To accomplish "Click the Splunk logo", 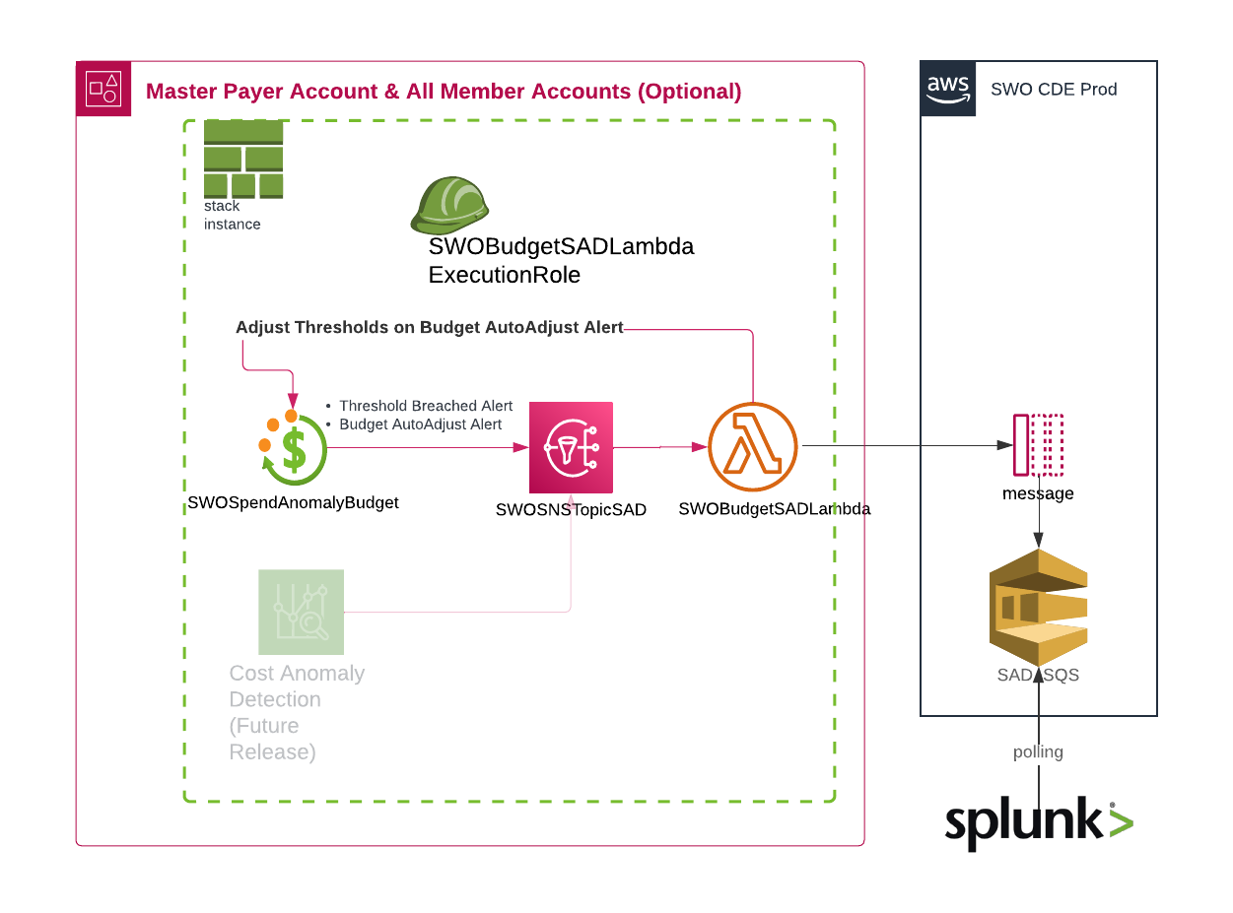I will [x=1038, y=822].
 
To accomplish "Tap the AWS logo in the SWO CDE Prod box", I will [x=948, y=89].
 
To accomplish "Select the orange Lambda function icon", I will [x=752, y=447].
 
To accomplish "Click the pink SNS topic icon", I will [x=571, y=447].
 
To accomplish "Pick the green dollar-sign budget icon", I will [x=293, y=448].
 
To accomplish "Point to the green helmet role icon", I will [x=449, y=204].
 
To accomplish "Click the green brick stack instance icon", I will [x=243, y=159].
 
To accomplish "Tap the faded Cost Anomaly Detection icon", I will [x=301, y=612].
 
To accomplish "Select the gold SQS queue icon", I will [x=1038, y=607].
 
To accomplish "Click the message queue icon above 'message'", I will [x=1038, y=445].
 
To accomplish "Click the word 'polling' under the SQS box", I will [x=1038, y=752].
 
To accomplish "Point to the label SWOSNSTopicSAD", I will [x=571, y=510].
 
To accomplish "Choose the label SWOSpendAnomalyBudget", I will [x=293, y=503].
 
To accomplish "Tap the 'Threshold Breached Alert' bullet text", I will [x=426, y=406].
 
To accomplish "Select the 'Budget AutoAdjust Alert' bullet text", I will [x=421, y=424].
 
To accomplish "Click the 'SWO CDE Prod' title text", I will [x=1054, y=90].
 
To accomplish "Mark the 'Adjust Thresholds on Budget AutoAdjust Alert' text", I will [x=429, y=327].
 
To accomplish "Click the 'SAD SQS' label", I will [x=1038, y=676].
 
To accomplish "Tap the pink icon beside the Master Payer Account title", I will [x=103, y=89].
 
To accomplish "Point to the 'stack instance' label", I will [x=233, y=216].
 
